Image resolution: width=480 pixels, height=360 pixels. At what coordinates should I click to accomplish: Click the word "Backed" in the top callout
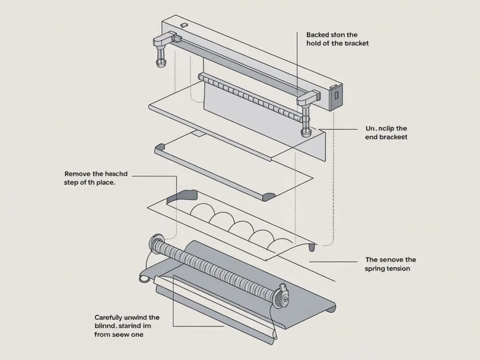[x=318, y=35]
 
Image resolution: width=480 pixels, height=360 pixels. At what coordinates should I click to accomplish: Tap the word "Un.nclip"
[x=377, y=129]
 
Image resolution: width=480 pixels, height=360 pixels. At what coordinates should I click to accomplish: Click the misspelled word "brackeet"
[x=392, y=137]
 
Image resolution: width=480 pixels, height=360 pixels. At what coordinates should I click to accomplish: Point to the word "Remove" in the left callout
[x=79, y=174]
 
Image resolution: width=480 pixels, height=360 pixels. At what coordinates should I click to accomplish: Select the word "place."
[x=105, y=183]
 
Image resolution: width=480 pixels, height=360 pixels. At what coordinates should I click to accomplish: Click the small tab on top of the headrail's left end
[x=183, y=24]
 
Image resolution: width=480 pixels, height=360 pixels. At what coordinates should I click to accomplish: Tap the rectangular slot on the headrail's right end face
[x=336, y=95]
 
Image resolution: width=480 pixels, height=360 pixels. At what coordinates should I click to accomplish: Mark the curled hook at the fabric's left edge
[x=142, y=278]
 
